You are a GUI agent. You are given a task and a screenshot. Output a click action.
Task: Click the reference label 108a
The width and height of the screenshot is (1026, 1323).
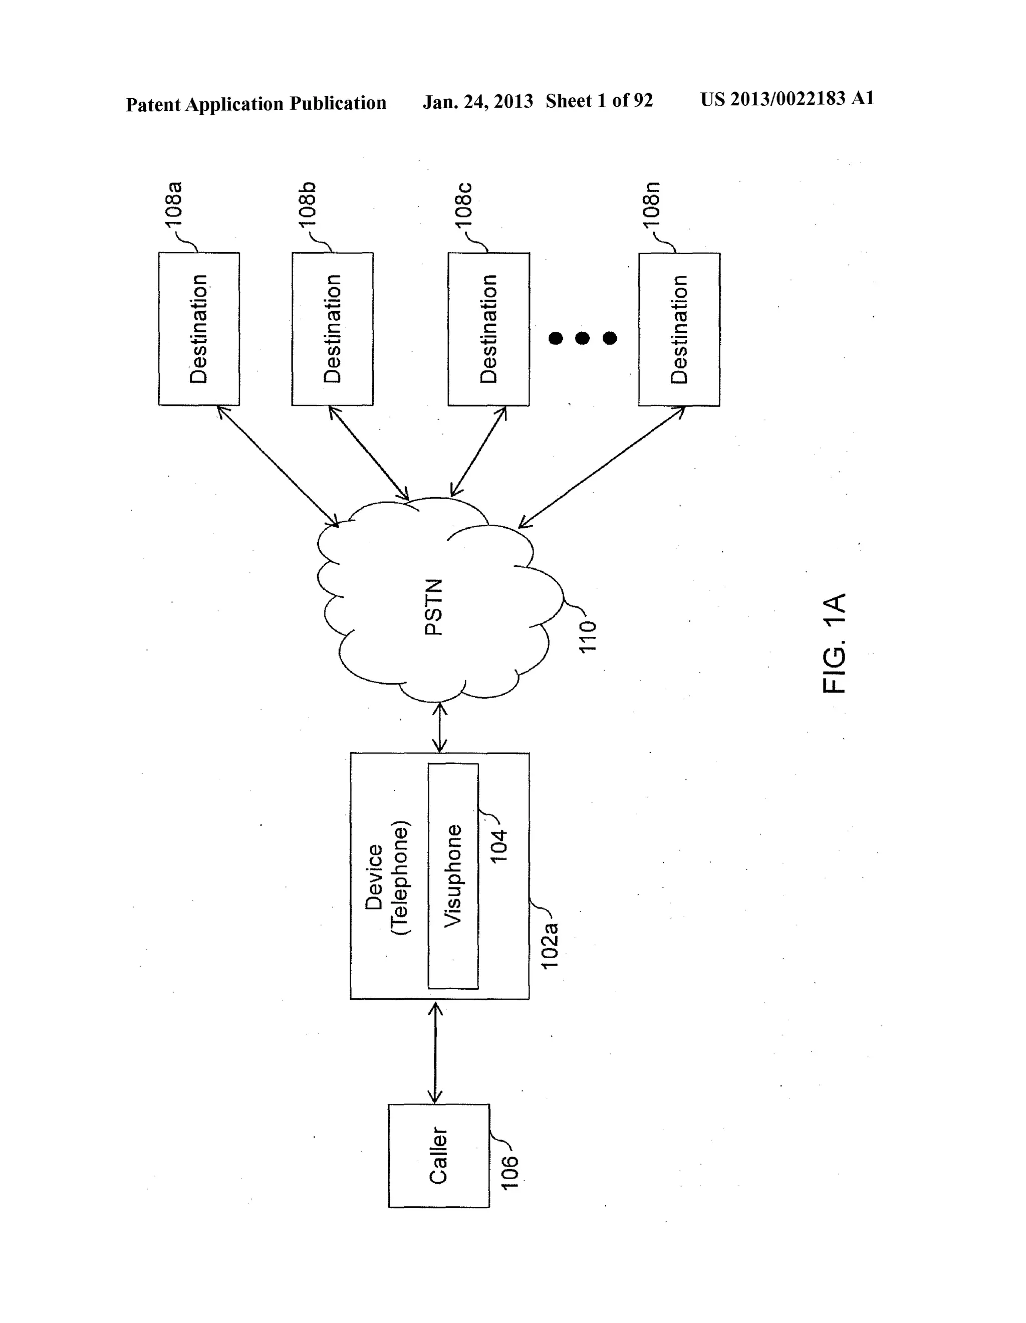tap(174, 204)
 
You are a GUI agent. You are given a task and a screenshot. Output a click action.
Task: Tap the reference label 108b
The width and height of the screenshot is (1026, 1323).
tap(308, 204)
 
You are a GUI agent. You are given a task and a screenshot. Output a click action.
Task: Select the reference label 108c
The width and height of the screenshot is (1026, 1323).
tap(464, 204)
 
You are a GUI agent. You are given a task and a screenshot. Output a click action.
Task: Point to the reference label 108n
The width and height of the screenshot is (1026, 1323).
tap(652, 204)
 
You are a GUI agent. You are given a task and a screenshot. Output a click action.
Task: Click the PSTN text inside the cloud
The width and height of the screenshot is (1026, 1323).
tap(434, 607)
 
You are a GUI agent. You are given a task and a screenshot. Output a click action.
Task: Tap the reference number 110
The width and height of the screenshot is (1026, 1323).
tap(588, 636)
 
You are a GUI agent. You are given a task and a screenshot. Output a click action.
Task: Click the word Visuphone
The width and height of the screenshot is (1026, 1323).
tap(452, 875)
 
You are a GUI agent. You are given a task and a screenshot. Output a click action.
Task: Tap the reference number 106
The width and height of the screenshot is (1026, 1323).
tap(510, 1173)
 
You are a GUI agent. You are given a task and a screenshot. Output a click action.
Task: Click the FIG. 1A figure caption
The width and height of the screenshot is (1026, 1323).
tap(834, 643)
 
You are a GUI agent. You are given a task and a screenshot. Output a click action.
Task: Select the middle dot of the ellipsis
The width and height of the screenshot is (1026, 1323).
tap(582, 338)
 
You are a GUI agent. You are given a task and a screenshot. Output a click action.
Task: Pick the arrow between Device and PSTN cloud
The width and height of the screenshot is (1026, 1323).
tap(440, 728)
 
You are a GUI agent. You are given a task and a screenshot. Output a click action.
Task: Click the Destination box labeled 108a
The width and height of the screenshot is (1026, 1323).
tap(199, 329)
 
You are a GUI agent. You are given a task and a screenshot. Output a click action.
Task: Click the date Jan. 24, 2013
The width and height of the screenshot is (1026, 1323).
tap(477, 101)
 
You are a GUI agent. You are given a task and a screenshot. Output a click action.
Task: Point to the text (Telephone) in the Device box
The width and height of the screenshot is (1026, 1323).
tap(400, 878)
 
